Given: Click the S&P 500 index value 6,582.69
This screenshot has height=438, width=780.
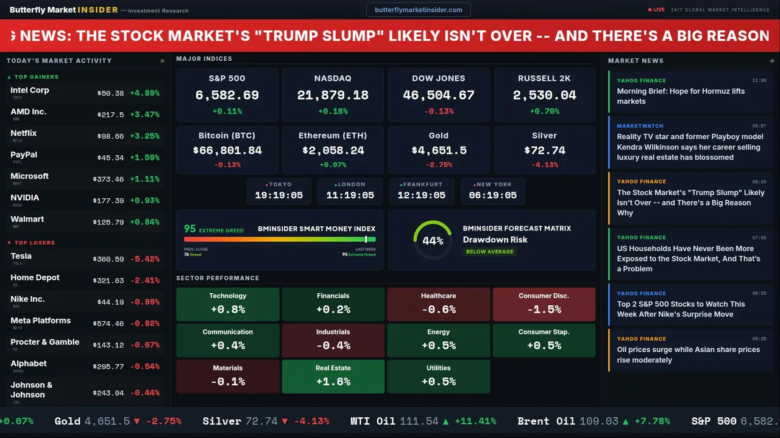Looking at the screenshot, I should pyautogui.click(x=227, y=96).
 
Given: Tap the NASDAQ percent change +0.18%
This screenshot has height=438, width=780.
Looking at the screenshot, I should pyautogui.click(x=333, y=111).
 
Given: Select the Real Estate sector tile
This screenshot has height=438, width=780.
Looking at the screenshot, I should pyautogui.click(x=333, y=377).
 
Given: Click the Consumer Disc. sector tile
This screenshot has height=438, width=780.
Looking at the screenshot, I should pyautogui.click(x=544, y=304).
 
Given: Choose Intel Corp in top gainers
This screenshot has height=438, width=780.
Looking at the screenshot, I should pyautogui.click(x=30, y=90).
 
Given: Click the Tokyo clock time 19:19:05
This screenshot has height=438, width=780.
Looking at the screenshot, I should pyautogui.click(x=278, y=195).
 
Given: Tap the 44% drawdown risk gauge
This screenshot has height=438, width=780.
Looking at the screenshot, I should pyautogui.click(x=433, y=240).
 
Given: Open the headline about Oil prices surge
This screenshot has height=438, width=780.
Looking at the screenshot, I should pyautogui.click(x=688, y=355).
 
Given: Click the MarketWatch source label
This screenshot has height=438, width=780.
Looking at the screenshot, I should pyautogui.click(x=640, y=126).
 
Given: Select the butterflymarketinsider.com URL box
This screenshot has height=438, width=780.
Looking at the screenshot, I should pyautogui.click(x=418, y=10).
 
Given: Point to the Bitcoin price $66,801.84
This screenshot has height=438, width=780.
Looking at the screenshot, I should pyautogui.click(x=227, y=150).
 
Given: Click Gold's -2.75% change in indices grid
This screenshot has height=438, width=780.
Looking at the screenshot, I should pyautogui.click(x=438, y=165).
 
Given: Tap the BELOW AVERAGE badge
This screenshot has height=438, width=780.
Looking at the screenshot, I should pyautogui.click(x=489, y=252).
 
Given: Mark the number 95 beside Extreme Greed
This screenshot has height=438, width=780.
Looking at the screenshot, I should pyautogui.click(x=190, y=229).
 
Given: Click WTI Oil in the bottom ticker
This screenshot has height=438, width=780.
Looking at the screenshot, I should pyautogui.click(x=373, y=421).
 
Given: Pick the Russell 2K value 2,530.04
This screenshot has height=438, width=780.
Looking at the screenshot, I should pyautogui.click(x=544, y=96).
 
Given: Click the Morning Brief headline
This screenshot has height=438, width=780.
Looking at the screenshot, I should pyautogui.click(x=680, y=96).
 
